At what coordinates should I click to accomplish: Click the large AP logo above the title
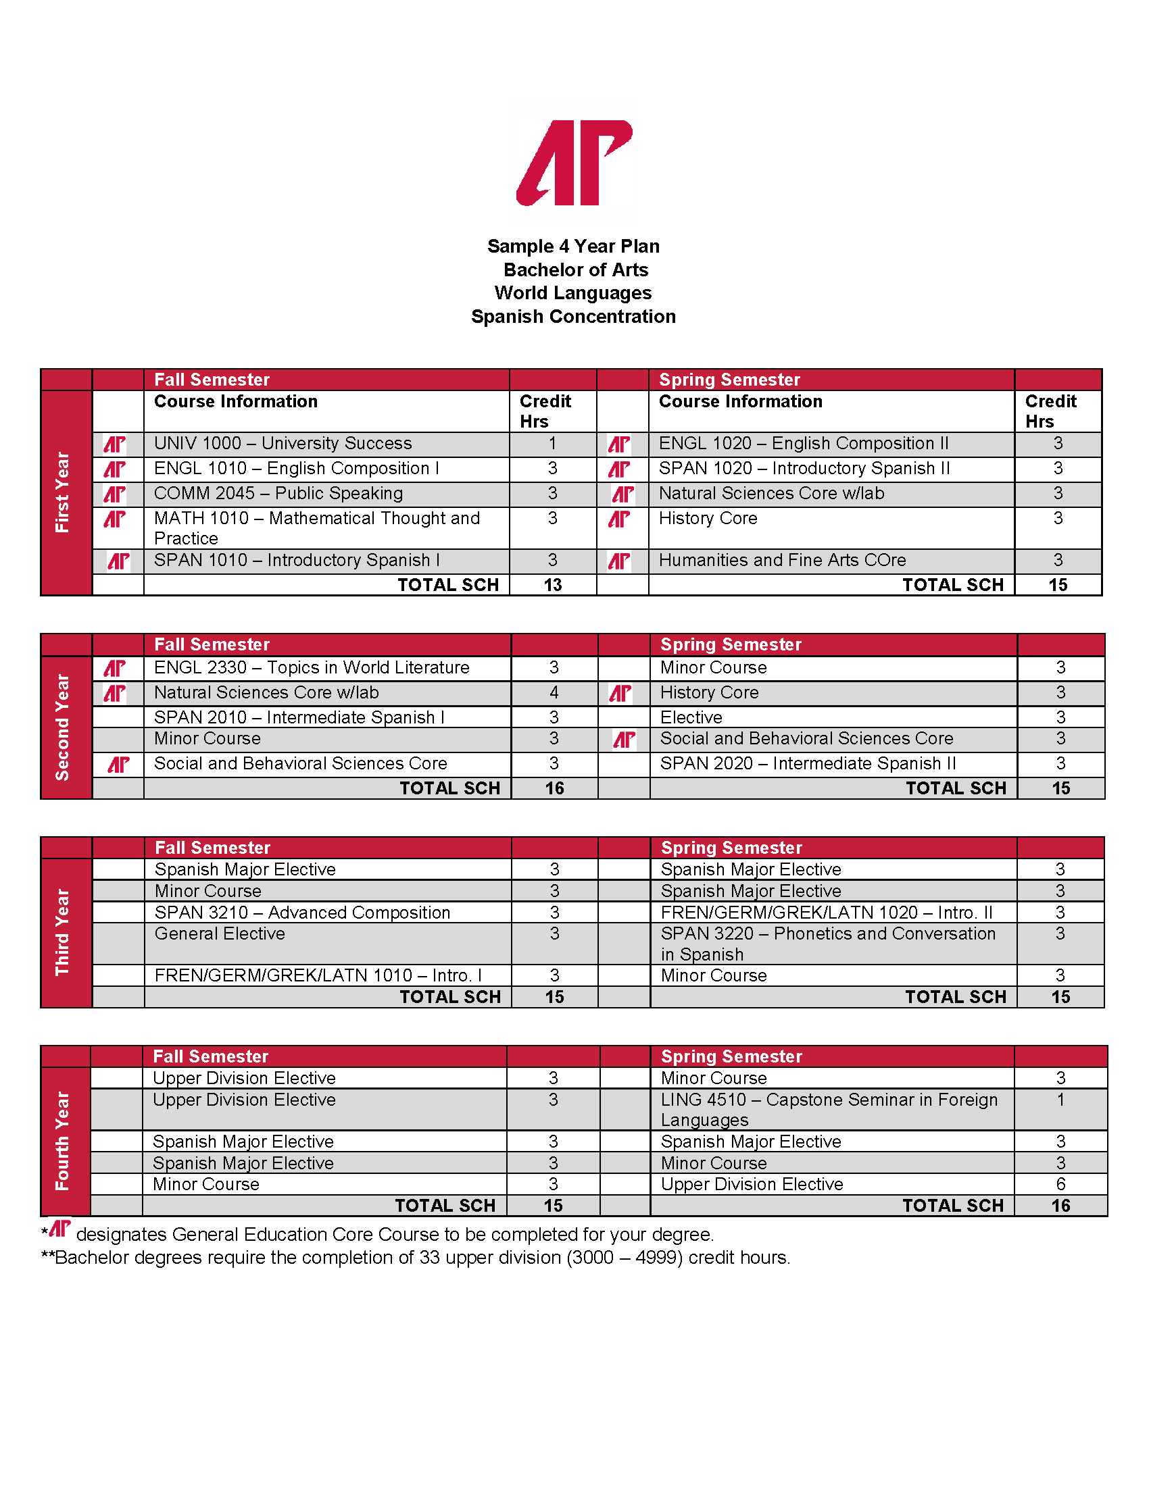click(574, 163)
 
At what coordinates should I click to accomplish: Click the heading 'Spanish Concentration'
click(573, 316)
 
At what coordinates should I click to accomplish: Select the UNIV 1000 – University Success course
click(283, 444)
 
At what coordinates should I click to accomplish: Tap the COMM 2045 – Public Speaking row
click(278, 493)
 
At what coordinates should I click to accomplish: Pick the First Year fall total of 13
click(552, 585)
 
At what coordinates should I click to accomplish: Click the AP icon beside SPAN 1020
click(618, 469)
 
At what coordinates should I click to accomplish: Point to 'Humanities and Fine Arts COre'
click(782, 560)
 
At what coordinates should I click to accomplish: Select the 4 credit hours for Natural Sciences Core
click(554, 692)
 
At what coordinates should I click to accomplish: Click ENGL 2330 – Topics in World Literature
click(311, 667)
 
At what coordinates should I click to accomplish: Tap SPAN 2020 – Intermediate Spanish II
click(807, 763)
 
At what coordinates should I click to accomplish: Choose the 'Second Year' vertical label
click(63, 727)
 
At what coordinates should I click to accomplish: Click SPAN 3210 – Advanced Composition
click(301, 913)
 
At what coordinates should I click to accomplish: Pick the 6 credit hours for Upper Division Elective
click(1060, 1184)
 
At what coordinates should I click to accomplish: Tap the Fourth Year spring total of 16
click(1060, 1206)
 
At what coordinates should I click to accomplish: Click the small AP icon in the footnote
click(60, 1228)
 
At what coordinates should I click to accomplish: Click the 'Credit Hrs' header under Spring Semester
click(1050, 411)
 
